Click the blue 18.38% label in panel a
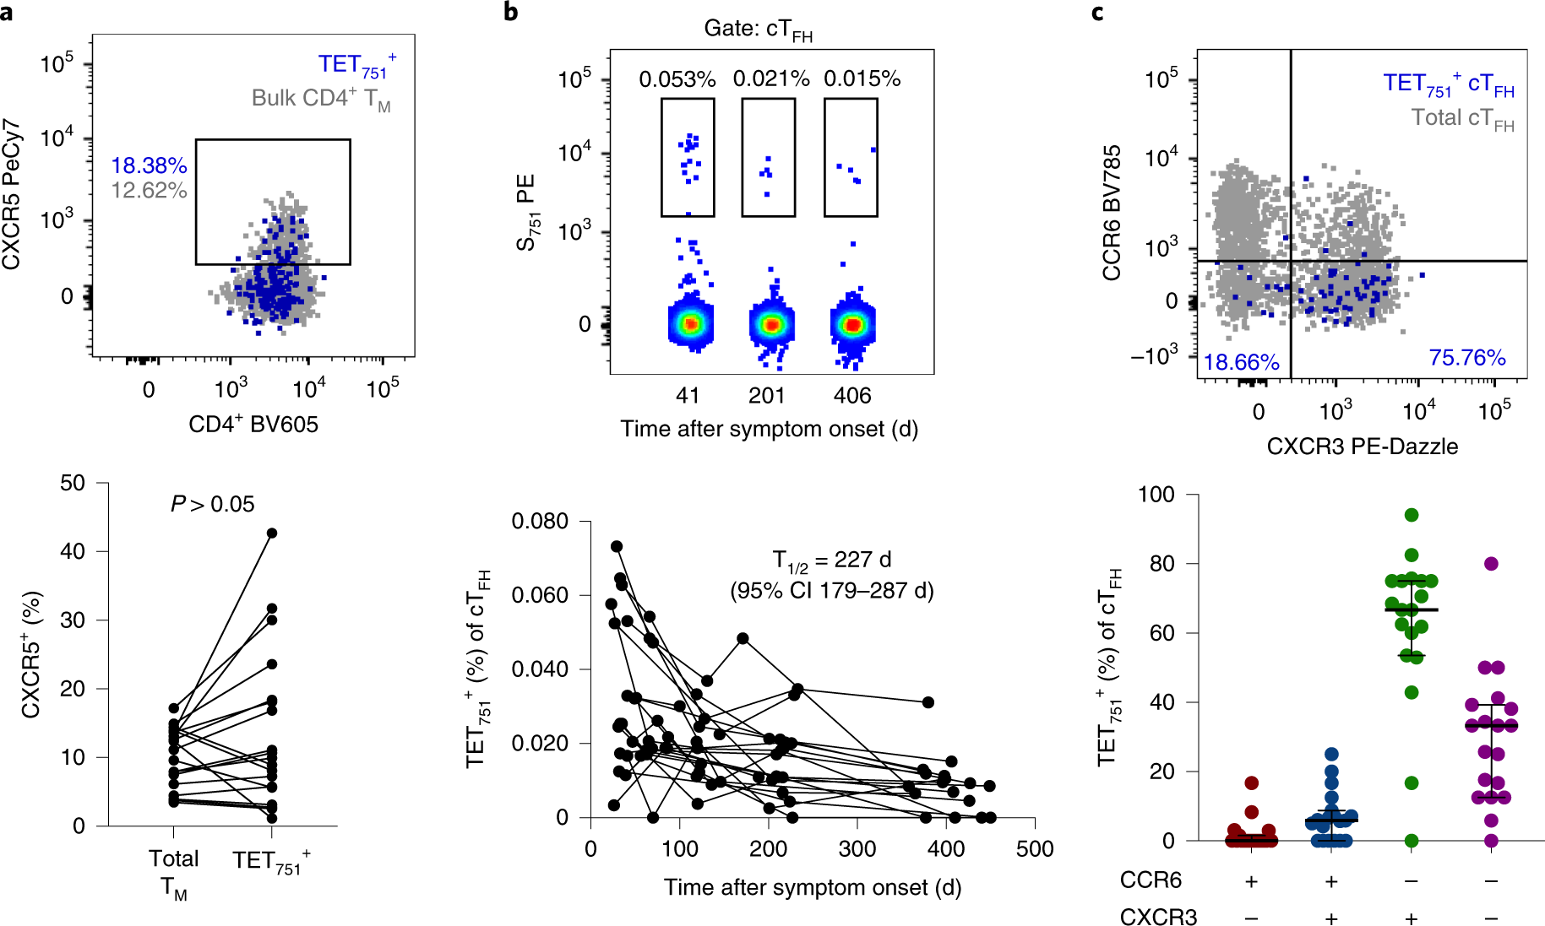(149, 165)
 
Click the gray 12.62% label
(149, 191)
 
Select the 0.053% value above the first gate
(677, 79)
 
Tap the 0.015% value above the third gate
(862, 79)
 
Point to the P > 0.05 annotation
(212, 504)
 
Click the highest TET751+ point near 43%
(272, 533)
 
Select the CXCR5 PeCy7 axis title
(12, 195)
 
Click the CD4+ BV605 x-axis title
(253, 424)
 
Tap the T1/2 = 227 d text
(832, 560)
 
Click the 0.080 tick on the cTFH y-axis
(540, 522)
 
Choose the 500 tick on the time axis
(1035, 849)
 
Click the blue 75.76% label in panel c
(1467, 358)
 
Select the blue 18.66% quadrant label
(1241, 362)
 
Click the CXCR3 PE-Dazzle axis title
(1362, 447)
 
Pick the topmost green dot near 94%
(1412, 515)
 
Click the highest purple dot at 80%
(1492, 564)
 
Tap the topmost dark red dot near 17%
(1252, 782)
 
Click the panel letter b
(510, 12)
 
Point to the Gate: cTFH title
(758, 30)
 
